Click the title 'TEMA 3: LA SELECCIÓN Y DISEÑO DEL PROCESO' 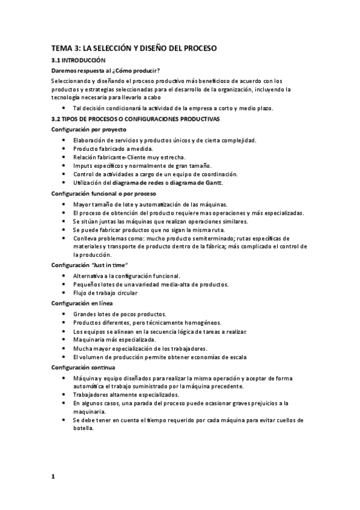[134, 48]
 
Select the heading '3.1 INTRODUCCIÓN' [78, 61]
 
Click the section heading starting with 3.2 [135, 119]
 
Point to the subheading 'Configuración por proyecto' [88, 129]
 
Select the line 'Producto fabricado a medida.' [113, 149]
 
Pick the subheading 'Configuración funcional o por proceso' [103, 194]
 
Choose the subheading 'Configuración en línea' [82, 303]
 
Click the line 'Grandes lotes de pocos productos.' [120, 314]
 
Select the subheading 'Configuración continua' [83, 367]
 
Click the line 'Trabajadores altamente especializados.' [126, 395]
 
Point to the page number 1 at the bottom [53, 477]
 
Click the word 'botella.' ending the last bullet [84, 429]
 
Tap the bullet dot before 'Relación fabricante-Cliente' [65, 158]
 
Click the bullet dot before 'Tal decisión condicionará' [65, 108]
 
